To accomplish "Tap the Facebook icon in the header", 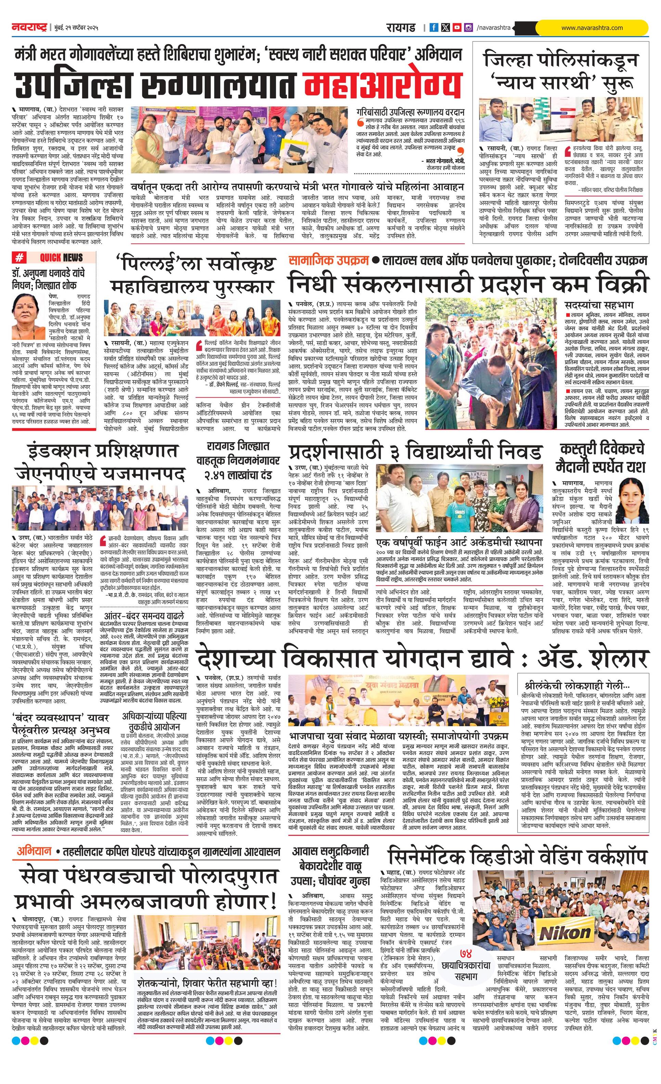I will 434,28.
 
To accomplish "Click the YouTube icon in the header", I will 457,28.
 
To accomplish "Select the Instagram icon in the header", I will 469,28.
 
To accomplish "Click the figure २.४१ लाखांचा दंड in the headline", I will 238,475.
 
